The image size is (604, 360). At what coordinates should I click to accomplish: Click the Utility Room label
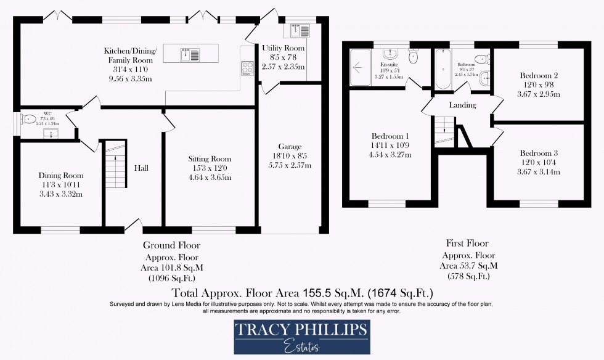click(x=283, y=48)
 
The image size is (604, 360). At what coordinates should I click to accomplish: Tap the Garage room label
click(x=290, y=147)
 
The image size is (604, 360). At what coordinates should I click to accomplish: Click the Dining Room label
click(x=60, y=175)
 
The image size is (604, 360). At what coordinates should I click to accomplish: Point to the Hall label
click(x=141, y=168)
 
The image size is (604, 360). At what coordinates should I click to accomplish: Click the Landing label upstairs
click(x=462, y=105)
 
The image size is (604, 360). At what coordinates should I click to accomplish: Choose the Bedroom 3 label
click(x=539, y=153)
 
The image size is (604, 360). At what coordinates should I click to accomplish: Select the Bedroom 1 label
click(x=390, y=136)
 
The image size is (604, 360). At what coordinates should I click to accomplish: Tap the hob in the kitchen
click(x=248, y=68)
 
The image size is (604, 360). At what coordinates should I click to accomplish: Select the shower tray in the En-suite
click(x=358, y=66)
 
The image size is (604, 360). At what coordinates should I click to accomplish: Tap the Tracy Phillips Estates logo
click(x=301, y=337)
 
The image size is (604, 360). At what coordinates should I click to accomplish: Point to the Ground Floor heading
click(x=171, y=245)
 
